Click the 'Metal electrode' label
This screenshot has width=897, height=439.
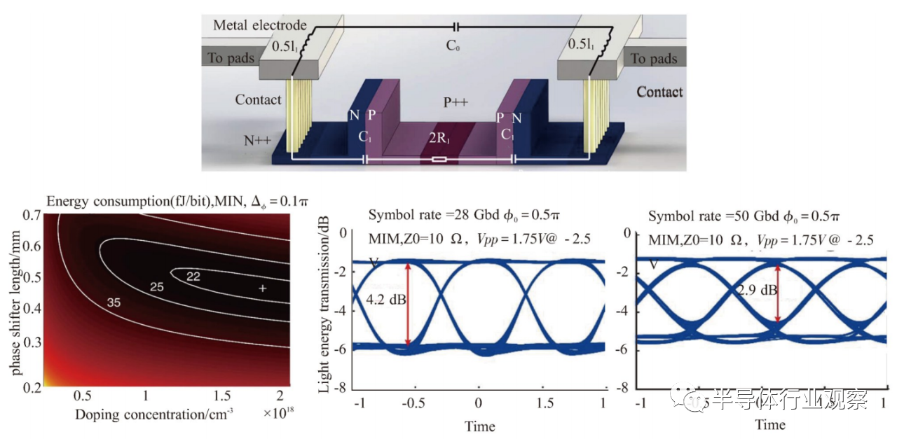(x=259, y=25)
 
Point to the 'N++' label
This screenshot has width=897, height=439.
(x=257, y=140)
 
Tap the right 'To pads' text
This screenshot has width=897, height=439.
(x=655, y=58)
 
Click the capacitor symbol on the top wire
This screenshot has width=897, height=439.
(x=457, y=27)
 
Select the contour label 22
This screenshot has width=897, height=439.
(x=193, y=277)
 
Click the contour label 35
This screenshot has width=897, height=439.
(x=114, y=303)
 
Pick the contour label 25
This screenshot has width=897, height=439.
(x=156, y=287)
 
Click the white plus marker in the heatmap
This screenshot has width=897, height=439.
(x=262, y=288)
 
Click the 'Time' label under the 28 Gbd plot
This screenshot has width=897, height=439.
(x=480, y=426)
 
